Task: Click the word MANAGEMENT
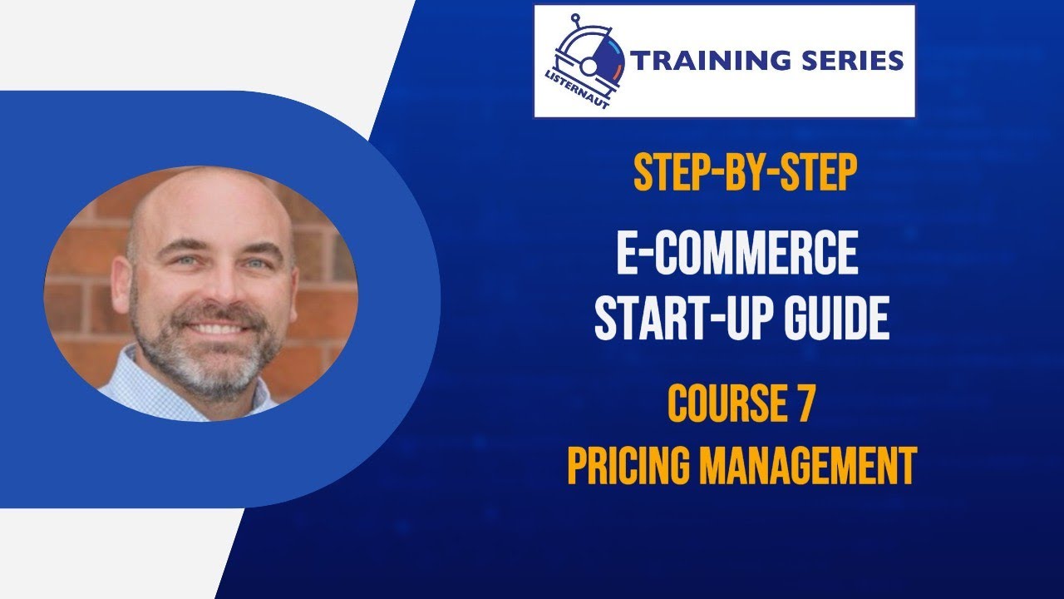click(x=808, y=465)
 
